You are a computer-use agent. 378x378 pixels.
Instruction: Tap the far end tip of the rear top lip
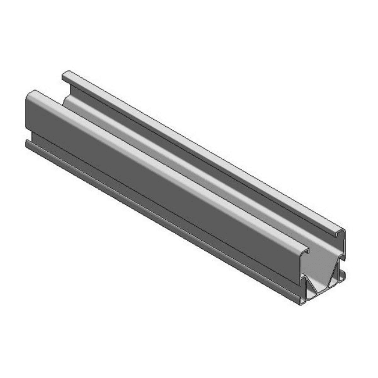(x=66, y=74)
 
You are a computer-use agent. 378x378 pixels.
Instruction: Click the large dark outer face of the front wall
(x=145, y=174)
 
